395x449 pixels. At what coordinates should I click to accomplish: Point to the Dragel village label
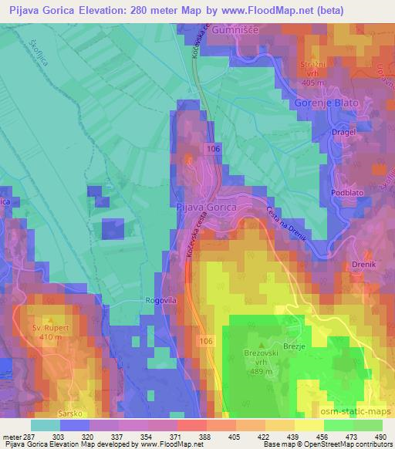pos(321,132)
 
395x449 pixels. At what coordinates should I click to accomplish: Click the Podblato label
pos(343,193)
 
